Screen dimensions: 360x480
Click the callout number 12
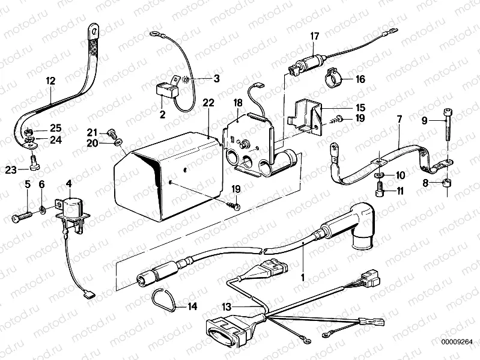point(50,80)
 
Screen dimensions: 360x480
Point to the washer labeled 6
point(42,210)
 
